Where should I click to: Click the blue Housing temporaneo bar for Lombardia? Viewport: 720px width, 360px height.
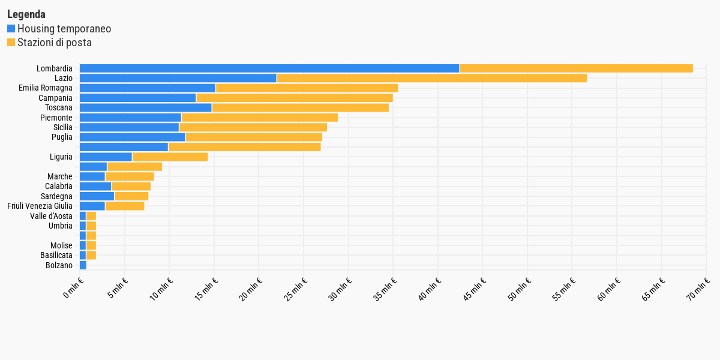269,68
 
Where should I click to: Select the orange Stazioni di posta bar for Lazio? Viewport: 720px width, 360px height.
432,78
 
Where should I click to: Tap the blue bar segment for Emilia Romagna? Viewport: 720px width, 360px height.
148,88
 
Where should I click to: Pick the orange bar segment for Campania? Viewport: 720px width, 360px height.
295,98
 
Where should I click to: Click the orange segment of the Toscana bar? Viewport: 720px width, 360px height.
300,107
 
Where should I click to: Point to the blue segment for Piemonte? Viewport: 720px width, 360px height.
130,118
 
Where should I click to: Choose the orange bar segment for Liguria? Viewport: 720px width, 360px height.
170,157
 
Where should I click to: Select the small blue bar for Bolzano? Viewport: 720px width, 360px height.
83,265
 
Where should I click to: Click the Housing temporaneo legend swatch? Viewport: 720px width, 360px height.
11,29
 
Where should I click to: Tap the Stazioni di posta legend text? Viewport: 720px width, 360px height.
54,43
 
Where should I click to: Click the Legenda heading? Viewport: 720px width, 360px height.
26,14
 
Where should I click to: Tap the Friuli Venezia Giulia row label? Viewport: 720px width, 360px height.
40,206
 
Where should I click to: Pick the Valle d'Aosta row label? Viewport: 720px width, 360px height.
51,216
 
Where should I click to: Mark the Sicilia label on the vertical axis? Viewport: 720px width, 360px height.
62,127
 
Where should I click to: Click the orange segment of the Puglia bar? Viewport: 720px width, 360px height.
254,137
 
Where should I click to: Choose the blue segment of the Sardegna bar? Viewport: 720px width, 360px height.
97,196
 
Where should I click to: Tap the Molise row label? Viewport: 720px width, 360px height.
61,245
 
